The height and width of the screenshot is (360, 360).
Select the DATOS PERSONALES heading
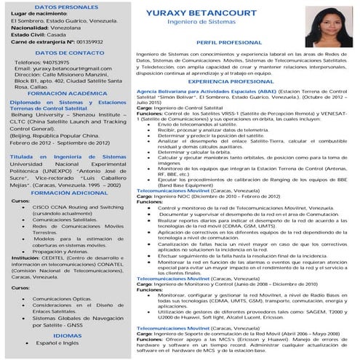68,6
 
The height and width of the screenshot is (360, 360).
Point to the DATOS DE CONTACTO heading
68,53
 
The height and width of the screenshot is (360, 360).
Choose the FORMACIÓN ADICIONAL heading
68,192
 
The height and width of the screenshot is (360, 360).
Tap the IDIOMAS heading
68,335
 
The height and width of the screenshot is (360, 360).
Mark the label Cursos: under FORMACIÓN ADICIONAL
21,201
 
